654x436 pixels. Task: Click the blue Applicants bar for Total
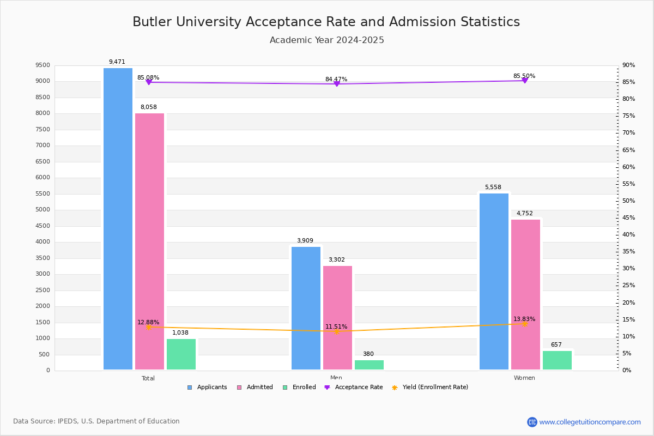[x=118, y=218]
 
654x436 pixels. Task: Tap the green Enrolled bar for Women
[x=557, y=360]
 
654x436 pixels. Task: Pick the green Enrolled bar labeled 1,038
[x=181, y=354]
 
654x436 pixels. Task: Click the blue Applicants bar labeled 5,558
[x=494, y=281]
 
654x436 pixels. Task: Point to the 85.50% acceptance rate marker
[x=525, y=80]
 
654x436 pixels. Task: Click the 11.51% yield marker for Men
[x=337, y=331]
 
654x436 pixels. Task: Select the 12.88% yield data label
[x=148, y=322]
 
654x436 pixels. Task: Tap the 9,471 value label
[x=117, y=62]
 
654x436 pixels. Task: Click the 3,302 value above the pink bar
[x=337, y=260]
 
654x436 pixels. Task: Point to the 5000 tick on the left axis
[x=43, y=210]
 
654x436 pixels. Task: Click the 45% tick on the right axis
[x=629, y=218]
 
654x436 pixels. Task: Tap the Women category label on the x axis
[x=524, y=378]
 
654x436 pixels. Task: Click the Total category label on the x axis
[x=148, y=378]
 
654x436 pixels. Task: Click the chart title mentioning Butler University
[x=326, y=22]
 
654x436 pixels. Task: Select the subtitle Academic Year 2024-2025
[x=327, y=40]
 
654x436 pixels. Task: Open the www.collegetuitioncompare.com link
[x=590, y=422]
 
